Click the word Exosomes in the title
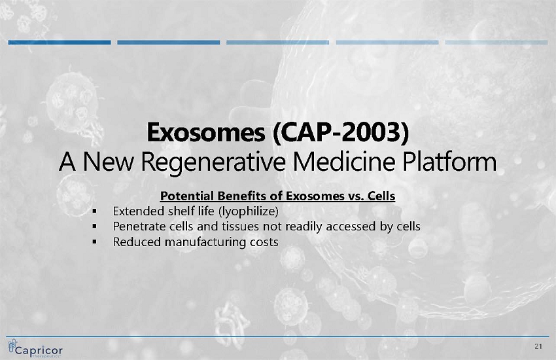pyautogui.click(x=205, y=132)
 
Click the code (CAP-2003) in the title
pyautogui.click(x=341, y=132)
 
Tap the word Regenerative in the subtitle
pyautogui.click(x=213, y=162)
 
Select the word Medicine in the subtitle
pyautogui.click(x=344, y=162)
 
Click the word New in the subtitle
pyautogui.click(x=108, y=162)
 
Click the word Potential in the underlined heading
pyautogui.click(x=187, y=196)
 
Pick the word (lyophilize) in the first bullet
pyautogui.click(x=248, y=211)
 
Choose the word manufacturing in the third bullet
pyautogui.click(x=205, y=242)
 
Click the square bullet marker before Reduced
pyautogui.click(x=94, y=242)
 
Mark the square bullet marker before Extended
pyautogui.click(x=94, y=211)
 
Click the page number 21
pyautogui.click(x=538, y=346)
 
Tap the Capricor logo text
pyautogui.click(x=39, y=350)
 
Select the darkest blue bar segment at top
pyautogui.click(x=60, y=43)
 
